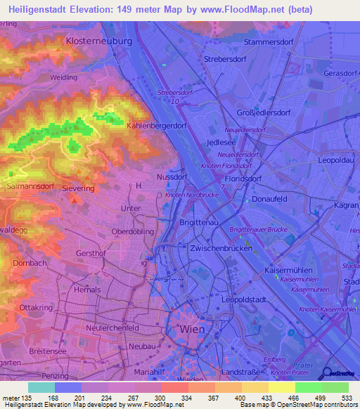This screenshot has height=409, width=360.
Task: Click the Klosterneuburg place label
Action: (x=98, y=42)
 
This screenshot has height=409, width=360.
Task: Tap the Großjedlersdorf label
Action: (x=263, y=112)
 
